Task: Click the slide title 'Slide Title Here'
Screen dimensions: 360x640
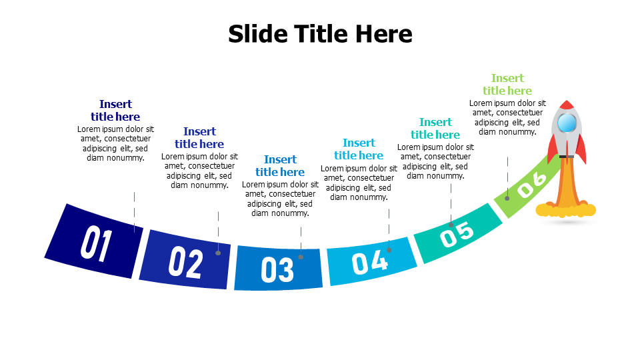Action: [320, 33]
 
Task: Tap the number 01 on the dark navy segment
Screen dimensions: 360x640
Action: [96, 245]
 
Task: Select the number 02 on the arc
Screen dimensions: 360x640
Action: [185, 262]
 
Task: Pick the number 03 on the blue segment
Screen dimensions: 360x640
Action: [277, 269]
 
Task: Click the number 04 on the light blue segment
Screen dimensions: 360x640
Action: [369, 262]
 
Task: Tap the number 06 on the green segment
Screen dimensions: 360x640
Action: [532, 184]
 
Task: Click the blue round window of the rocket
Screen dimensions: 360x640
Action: [567, 123]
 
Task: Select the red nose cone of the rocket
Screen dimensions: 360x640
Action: [567, 105]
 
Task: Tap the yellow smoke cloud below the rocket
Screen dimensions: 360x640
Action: [565, 211]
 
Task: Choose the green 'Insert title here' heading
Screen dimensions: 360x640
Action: [507, 85]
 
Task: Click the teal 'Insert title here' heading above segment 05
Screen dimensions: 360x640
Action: [435, 128]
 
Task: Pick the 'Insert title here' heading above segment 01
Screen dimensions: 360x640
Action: [115, 110]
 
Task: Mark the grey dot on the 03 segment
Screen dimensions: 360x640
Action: [301, 257]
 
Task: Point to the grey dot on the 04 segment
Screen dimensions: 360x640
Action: [389, 250]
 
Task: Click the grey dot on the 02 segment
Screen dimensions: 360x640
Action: [218, 253]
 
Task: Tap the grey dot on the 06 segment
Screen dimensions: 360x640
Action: [507, 198]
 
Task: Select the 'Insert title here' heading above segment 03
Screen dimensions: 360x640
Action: [280, 165]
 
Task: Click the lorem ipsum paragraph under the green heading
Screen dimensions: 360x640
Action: [507, 117]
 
